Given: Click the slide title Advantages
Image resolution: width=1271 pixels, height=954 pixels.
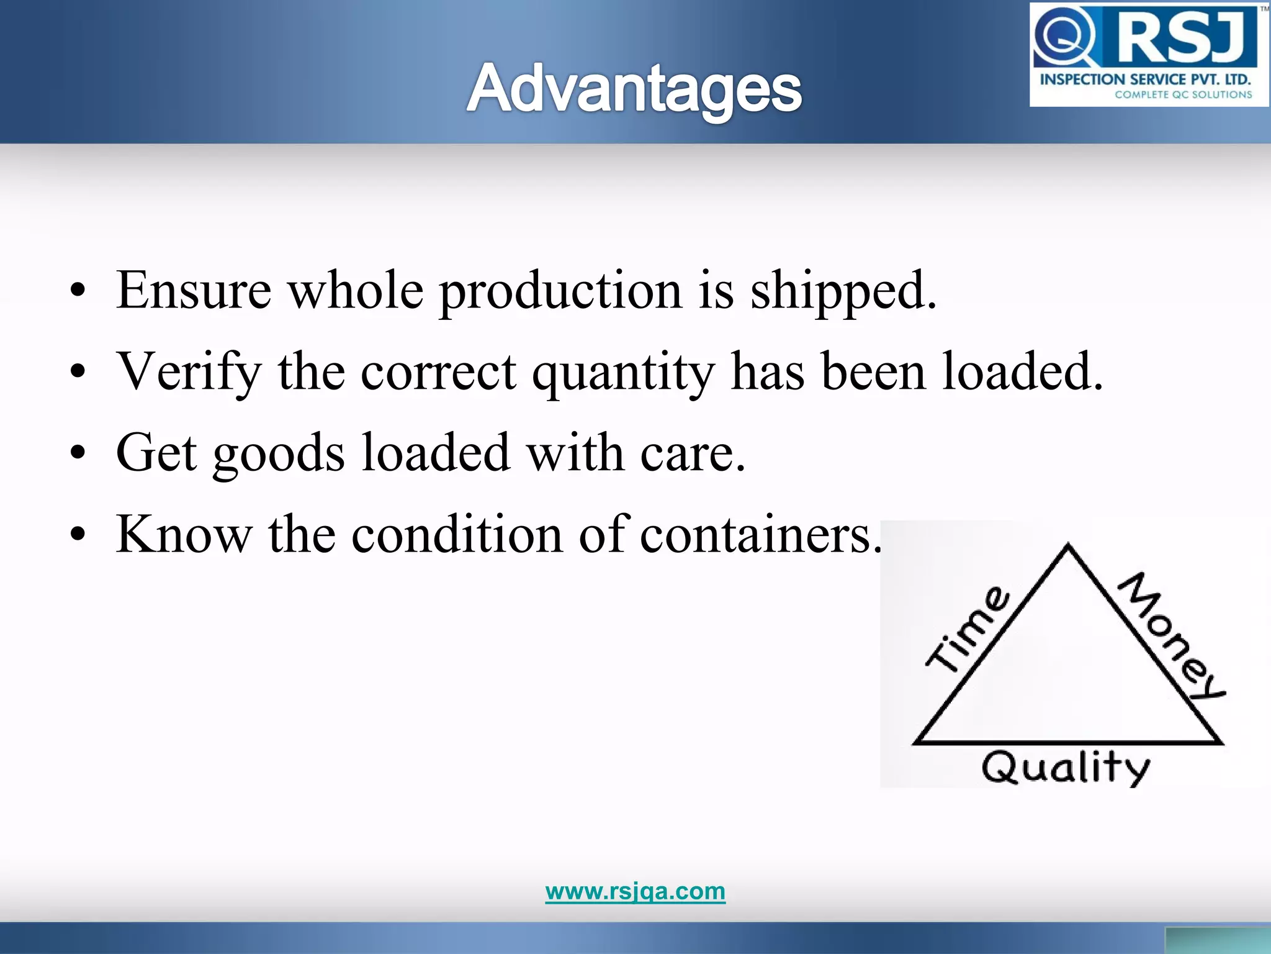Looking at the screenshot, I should (634, 89).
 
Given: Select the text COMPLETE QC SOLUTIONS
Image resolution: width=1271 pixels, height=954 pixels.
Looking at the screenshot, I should (1183, 95).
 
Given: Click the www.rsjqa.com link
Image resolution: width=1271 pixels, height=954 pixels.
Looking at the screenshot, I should (635, 891).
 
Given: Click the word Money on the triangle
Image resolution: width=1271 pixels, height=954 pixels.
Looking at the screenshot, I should (1170, 635).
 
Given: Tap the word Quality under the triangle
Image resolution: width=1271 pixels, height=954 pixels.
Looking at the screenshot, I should (1066, 768).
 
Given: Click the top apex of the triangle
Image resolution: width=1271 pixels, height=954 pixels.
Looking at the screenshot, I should (1068, 546).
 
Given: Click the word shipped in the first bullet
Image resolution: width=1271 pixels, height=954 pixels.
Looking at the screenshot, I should (843, 291).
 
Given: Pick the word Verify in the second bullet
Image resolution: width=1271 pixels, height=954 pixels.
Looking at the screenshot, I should (189, 371).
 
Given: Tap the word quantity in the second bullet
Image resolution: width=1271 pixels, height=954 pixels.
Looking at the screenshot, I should (623, 373).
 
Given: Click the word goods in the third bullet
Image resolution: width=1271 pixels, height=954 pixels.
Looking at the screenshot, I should (279, 454).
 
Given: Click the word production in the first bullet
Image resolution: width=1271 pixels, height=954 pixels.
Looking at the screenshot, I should (560, 291).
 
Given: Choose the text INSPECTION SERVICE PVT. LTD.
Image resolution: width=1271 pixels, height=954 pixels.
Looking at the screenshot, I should (1145, 79).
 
